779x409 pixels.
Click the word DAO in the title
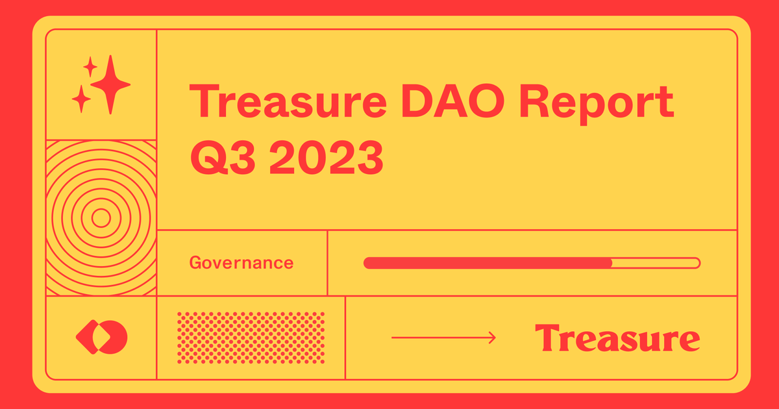[x=452, y=101]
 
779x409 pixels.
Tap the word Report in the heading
[x=597, y=105]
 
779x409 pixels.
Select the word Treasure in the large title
[x=288, y=101]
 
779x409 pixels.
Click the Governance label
[x=241, y=262]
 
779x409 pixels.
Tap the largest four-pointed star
[x=110, y=84]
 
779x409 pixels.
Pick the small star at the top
[x=90, y=66]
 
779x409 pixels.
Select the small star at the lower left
[x=81, y=99]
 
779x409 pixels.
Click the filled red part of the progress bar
[x=488, y=263]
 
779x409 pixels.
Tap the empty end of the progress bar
[x=656, y=263]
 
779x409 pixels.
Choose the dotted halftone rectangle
[x=251, y=338]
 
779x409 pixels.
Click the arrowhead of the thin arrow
[x=493, y=338]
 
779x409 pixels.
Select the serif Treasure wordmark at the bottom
[x=617, y=338]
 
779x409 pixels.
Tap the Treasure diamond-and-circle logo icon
[x=101, y=337]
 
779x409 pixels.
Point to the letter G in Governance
[x=196, y=262]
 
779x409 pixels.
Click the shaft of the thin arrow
[x=441, y=338]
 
